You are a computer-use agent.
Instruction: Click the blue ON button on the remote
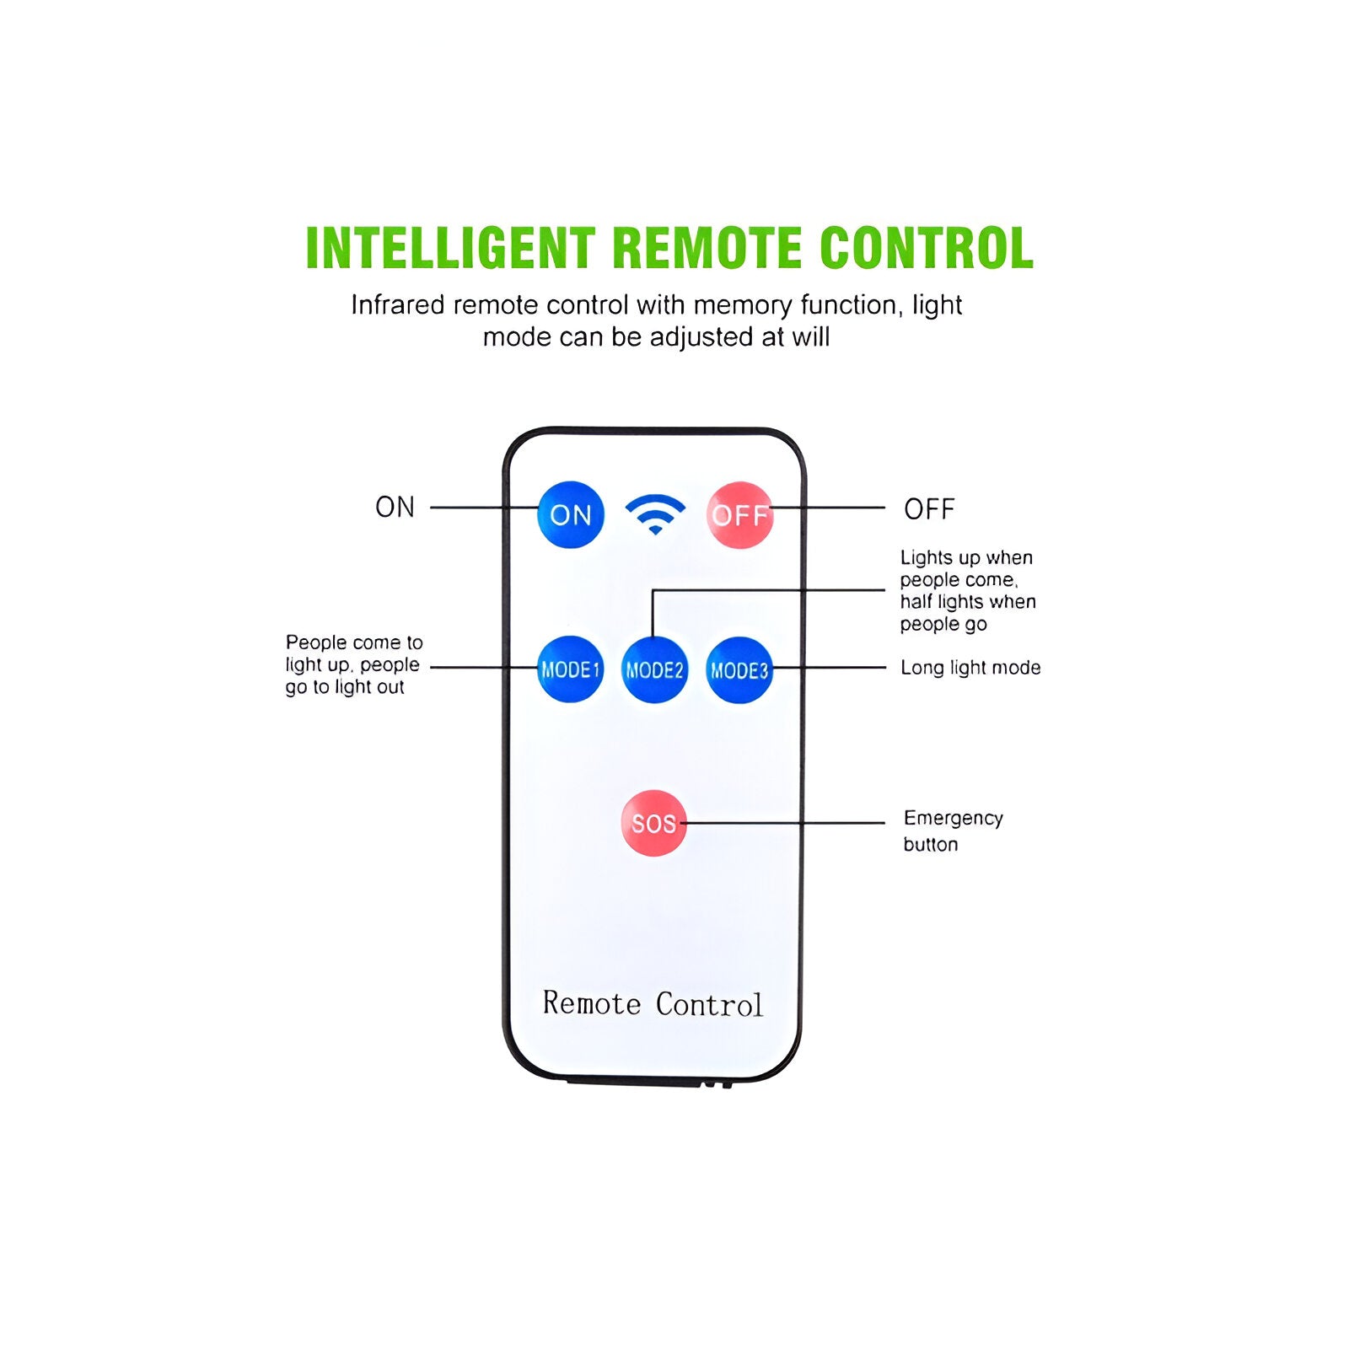571,514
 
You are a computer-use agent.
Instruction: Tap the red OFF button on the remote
739,514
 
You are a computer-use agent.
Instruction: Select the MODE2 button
654,669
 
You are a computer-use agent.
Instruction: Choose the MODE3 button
739,669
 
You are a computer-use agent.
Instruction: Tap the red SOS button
653,823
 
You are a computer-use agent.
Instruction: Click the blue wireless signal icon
655,513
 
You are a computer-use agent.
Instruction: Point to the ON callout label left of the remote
395,507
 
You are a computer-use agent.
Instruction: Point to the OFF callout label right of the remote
929,509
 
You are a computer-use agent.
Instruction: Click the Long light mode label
970,668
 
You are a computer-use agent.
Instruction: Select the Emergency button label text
953,831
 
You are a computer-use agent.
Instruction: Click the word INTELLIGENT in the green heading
451,248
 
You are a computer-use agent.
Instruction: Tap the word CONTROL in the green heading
927,248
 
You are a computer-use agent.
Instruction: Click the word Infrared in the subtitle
398,304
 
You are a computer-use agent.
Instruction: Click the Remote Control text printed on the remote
653,1003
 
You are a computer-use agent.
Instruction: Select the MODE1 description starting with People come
353,664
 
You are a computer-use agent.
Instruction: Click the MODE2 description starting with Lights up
968,590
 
